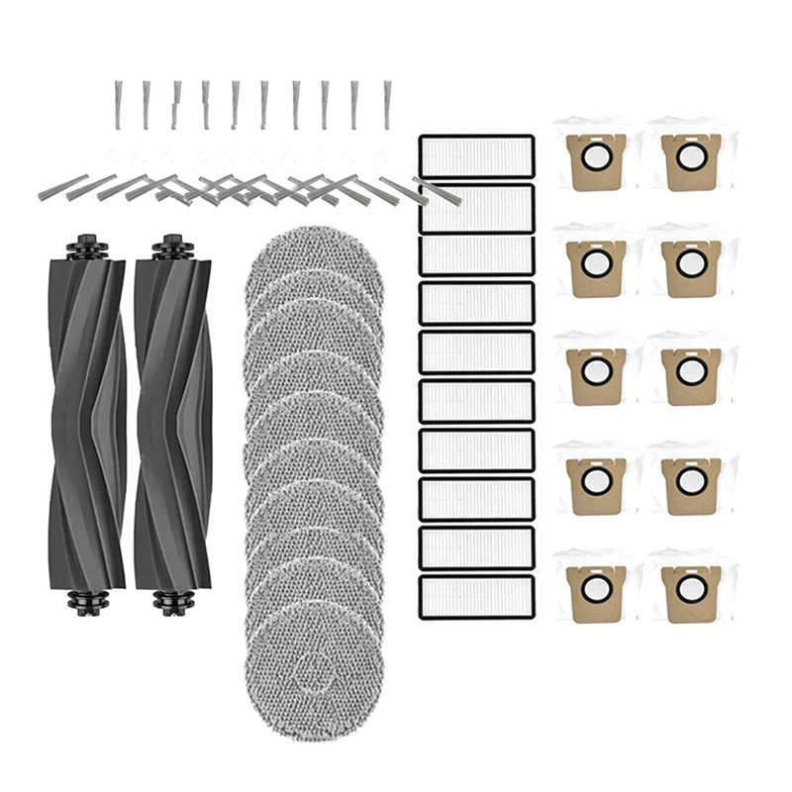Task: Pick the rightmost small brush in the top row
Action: tap(386, 104)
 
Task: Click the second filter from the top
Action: tap(477, 204)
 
